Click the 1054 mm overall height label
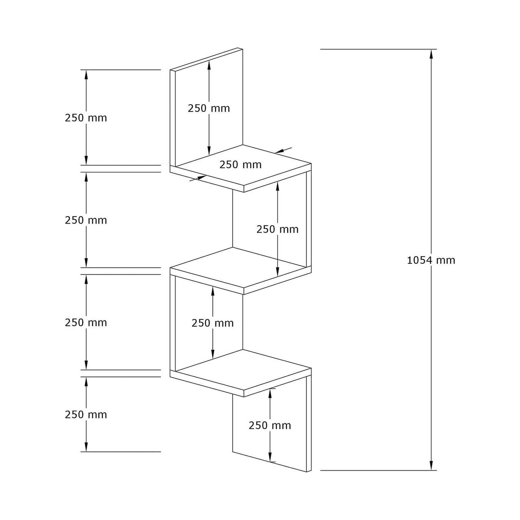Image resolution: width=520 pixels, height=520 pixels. [x=431, y=260]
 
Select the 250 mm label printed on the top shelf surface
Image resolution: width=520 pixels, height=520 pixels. [x=240, y=165]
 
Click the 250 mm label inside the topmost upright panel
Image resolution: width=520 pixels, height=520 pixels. [x=209, y=108]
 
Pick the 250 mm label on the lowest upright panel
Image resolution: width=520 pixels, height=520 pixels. [x=270, y=426]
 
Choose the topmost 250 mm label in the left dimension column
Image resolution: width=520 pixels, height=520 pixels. [x=86, y=118]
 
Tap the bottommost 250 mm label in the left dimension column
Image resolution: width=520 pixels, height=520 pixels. [x=86, y=415]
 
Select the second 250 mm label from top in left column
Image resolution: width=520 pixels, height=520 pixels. [x=86, y=220]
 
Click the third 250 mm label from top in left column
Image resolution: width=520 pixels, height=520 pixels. [x=86, y=322]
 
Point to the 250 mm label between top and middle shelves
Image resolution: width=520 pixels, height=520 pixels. [x=277, y=229]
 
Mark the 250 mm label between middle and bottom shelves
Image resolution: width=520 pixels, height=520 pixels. [x=213, y=323]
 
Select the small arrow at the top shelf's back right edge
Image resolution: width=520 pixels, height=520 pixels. [x=283, y=150]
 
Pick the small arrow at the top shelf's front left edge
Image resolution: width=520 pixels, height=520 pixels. [x=198, y=178]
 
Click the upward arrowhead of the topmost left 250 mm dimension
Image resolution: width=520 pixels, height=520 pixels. [x=86, y=75]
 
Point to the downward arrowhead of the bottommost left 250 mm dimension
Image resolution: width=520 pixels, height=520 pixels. [x=86, y=447]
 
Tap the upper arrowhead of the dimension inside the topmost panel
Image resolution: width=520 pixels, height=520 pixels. [x=209, y=65]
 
